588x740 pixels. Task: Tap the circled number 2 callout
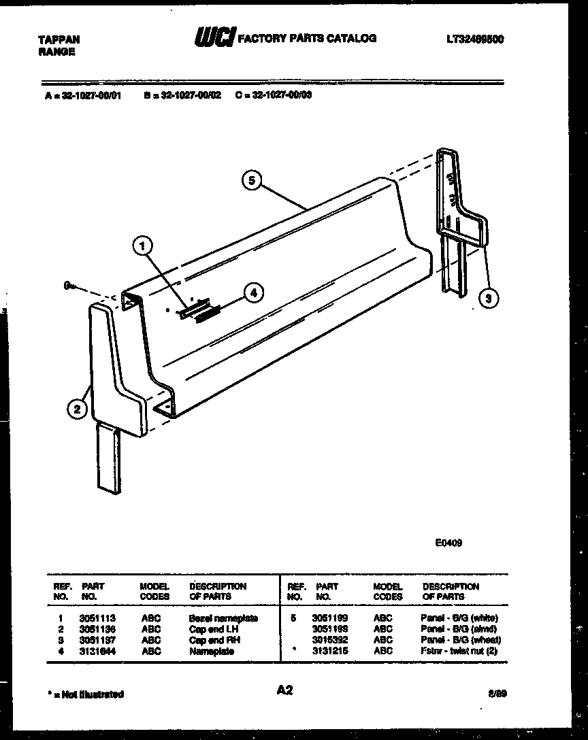77,409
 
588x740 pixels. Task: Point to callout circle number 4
252,293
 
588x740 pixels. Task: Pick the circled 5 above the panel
252,181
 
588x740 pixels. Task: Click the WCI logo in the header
214,39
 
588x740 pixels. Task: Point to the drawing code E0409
448,543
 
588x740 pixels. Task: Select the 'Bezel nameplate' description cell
223,618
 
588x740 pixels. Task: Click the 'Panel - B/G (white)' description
460,618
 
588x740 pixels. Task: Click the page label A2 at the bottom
284,690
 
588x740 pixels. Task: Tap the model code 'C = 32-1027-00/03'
274,96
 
